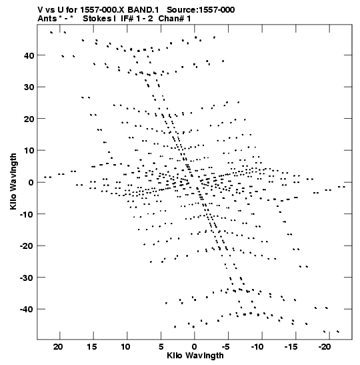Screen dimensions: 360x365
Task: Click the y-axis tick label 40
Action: click(29, 55)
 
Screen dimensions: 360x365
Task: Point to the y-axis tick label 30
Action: click(29, 87)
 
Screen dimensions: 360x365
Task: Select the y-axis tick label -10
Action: click(27, 214)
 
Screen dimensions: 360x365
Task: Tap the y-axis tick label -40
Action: click(27, 310)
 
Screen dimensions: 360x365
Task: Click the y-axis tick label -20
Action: click(27, 246)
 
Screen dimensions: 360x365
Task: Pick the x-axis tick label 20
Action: click(58, 347)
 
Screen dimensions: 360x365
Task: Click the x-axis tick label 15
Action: click(92, 347)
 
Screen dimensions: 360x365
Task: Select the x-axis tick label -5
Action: click(225, 347)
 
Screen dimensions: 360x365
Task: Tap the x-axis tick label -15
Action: click(291, 347)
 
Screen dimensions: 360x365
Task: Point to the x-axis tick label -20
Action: click(325, 347)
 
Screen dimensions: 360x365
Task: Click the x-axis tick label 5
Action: click(161, 347)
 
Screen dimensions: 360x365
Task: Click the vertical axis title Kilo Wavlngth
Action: click(13, 181)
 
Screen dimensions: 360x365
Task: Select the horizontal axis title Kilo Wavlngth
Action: click(195, 356)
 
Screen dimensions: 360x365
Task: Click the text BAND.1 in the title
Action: click(143, 10)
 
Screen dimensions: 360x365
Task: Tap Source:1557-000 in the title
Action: click(201, 10)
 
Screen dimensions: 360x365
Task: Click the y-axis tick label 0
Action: click(31, 183)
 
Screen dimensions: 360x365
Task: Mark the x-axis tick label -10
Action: click(257, 347)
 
